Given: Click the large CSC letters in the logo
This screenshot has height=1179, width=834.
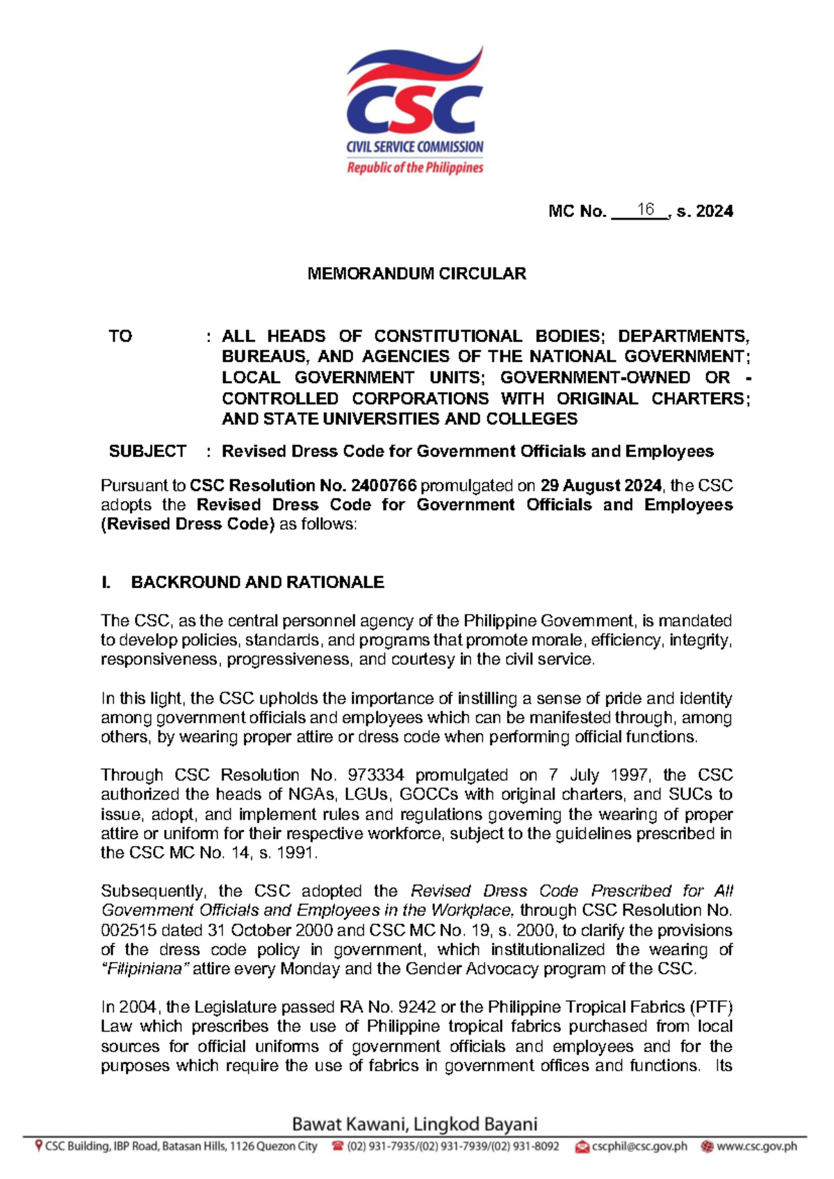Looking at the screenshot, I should tap(414, 110).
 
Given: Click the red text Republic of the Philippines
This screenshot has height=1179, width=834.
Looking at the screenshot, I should tap(415, 168).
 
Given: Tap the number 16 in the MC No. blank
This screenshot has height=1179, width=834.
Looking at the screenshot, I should tap(646, 209).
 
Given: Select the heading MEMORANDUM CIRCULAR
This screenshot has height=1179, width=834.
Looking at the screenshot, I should tap(416, 274).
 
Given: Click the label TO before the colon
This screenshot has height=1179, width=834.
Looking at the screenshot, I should tap(120, 336).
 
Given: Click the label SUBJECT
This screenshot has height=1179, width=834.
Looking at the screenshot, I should tap(147, 451).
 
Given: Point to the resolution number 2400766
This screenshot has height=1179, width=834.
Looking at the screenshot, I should tap(384, 485).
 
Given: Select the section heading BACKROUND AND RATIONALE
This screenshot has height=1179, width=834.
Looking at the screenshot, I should tap(257, 583).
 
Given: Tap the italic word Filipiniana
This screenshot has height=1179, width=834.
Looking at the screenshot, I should tap(145, 969).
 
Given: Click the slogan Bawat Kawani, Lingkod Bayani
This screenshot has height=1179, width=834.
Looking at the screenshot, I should tap(415, 1124).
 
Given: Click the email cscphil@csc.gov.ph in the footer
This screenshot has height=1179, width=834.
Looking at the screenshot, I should tap(639, 1146).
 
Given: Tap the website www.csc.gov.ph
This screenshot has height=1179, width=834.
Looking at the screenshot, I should tap(756, 1146).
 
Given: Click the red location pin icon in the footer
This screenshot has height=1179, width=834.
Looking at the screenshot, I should tap(39, 1146).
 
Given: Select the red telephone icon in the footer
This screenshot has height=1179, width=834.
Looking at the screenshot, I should tap(338, 1146).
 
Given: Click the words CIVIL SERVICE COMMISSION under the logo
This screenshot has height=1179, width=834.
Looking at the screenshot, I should tap(415, 147).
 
